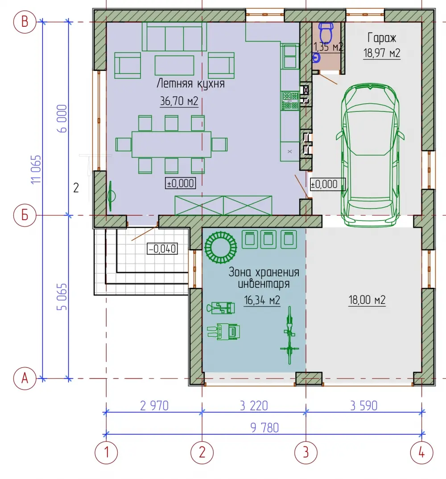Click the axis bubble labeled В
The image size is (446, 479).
(x=25, y=22)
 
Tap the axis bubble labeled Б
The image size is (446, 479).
(x=25, y=215)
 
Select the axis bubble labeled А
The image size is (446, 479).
(x=25, y=378)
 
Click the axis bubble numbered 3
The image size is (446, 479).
(x=306, y=452)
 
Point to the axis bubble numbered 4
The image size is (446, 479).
(x=421, y=452)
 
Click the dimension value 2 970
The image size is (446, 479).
(x=154, y=405)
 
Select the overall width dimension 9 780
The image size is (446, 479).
(x=264, y=428)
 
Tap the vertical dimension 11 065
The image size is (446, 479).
(x=36, y=170)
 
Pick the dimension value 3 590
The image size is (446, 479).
(x=364, y=405)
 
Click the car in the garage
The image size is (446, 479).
(x=370, y=155)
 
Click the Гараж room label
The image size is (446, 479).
(x=382, y=38)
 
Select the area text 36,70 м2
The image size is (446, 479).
(x=179, y=101)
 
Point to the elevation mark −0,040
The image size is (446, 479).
(x=162, y=249)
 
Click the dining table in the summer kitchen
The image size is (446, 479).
(x=172, y=144)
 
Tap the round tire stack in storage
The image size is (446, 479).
(x=220, y=247)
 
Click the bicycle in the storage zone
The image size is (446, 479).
(x=289, y=335)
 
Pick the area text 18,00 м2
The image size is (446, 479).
(x=367, y=300)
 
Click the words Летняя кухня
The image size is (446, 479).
(x=191, y=83)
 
